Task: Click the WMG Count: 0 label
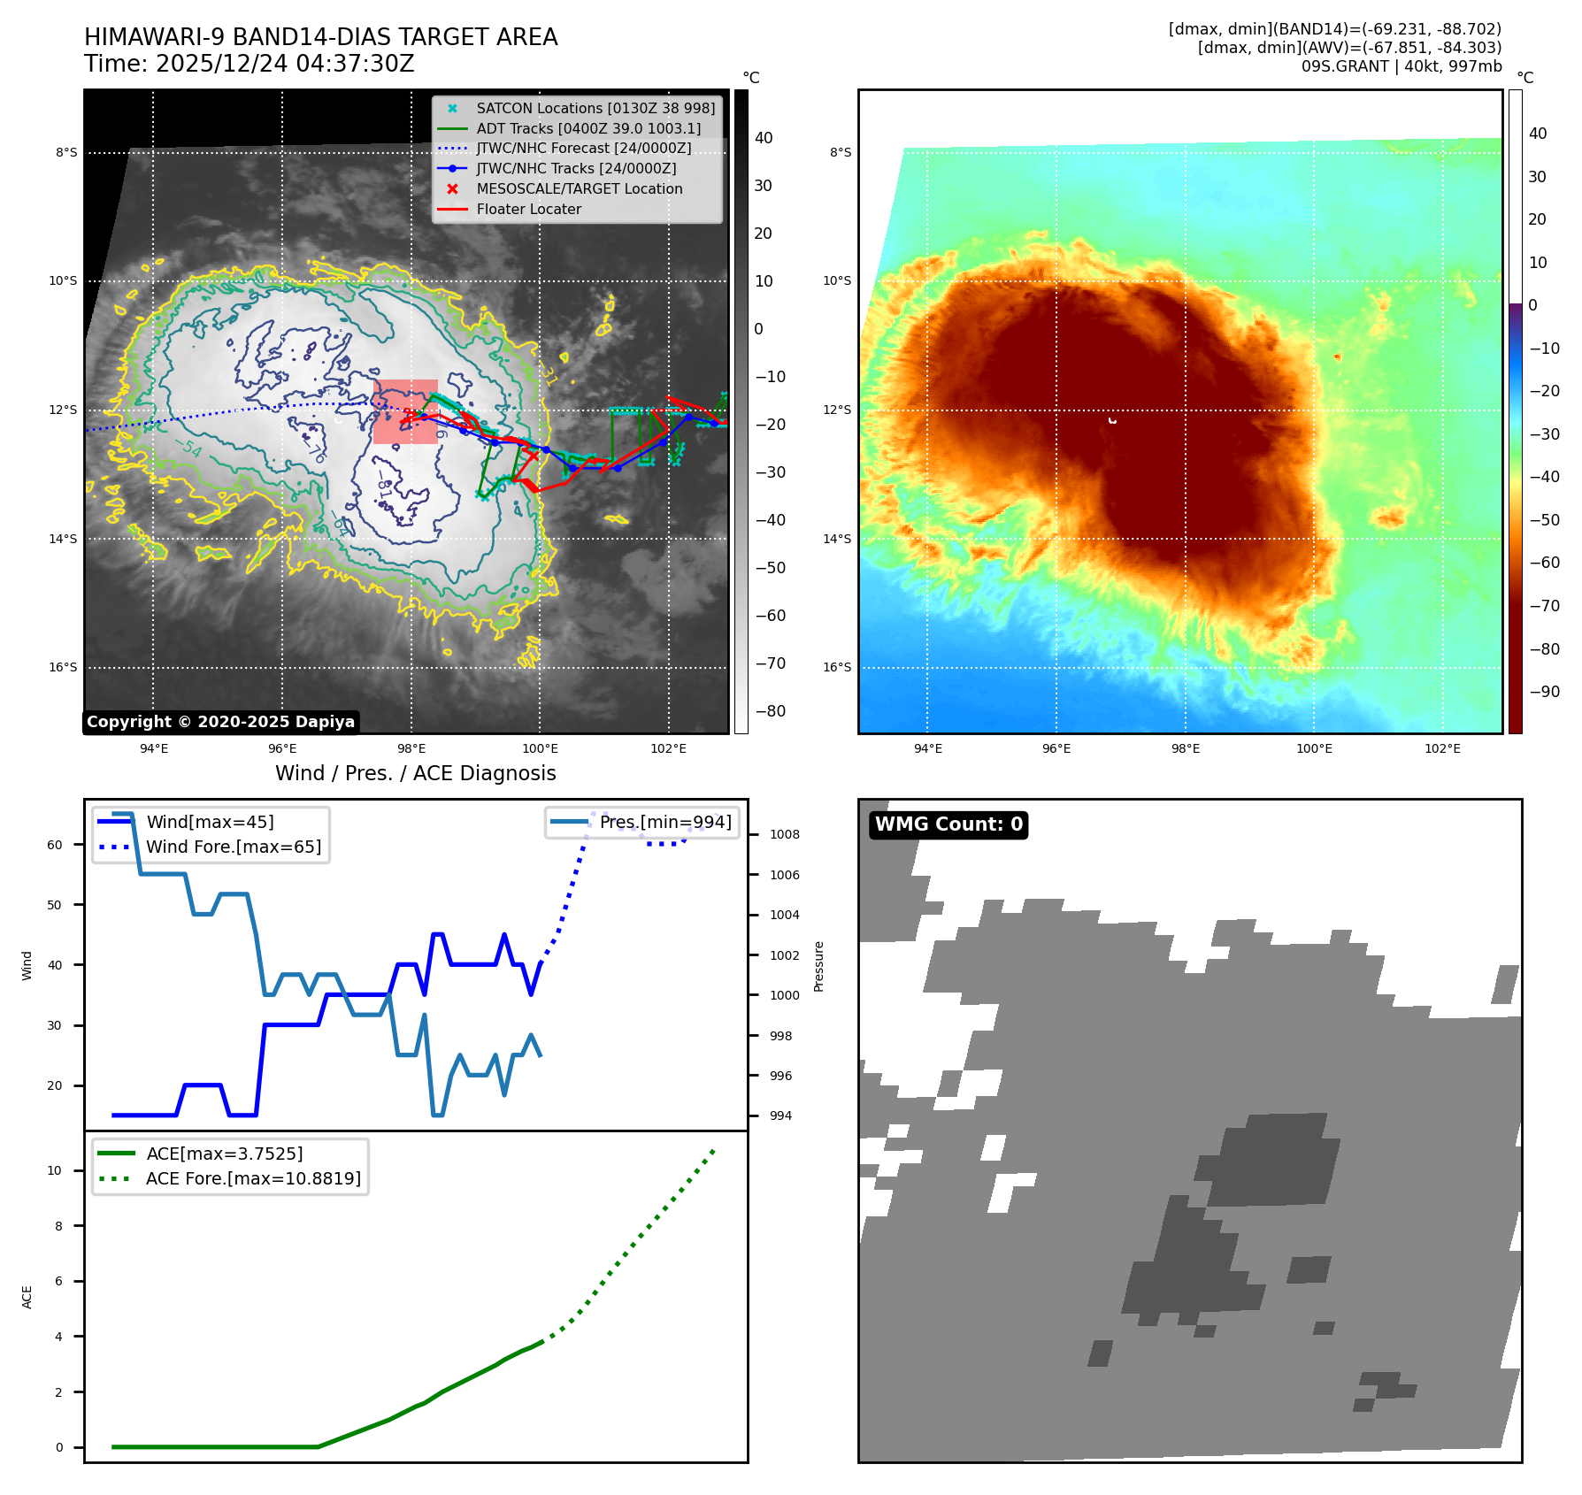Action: [948, 824]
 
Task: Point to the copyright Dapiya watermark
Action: [220, 722]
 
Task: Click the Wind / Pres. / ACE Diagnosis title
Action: [415, 773]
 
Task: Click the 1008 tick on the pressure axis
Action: [784, 834]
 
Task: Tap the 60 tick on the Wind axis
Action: [55, 845]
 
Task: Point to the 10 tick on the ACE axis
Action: [55, 1170]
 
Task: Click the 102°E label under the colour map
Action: [1442, 748]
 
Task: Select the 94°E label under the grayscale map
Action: [154, 748]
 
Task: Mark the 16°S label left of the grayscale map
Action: [63, 667]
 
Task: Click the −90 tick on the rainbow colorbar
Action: [1544, 692]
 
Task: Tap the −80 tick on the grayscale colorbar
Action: [770, 711]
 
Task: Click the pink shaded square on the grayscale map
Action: [405, 411]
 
